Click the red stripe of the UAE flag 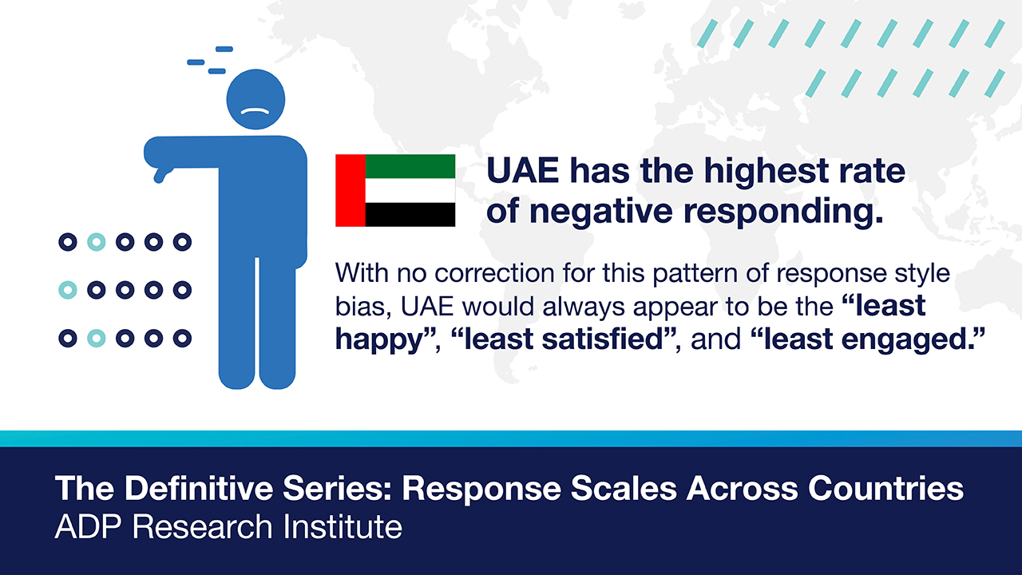pos(351,190)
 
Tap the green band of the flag pos(410,166)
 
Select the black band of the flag pos(410,215)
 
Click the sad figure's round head pos(256,99)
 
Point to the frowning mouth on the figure pos(255,111)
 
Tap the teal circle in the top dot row pos(97,242)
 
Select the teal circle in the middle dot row pos(68,290)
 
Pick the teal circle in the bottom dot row pos(97,338)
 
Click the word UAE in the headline pos(522,171)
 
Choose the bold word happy pos(379,340)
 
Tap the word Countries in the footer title pos(885,488)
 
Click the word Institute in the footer pos(343,527)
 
